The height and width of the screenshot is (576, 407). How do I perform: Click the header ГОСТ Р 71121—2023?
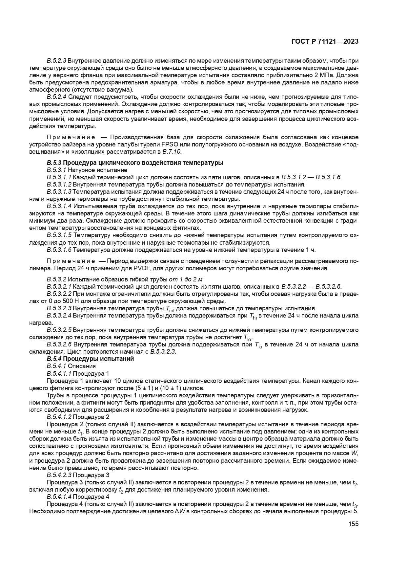coord(325,42)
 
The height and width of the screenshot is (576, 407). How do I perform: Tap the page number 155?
coord(354,524)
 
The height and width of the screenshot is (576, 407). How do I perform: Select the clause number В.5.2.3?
coord(57,61)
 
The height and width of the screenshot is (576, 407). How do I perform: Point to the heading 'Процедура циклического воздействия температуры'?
coord(143,163)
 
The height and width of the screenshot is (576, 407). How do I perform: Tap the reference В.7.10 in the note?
coord(172,151)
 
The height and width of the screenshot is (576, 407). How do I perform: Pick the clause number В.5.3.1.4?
coord(59,206)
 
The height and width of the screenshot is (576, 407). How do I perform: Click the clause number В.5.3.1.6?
coord(59,250)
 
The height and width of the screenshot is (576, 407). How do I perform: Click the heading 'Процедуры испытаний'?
coord(98,359)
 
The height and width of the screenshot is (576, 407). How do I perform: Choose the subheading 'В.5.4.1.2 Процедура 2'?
coord(78,417)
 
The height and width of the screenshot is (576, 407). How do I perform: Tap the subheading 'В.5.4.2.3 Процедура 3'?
coord(78,475)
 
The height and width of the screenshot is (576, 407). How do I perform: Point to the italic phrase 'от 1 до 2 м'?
coord(186,279)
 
